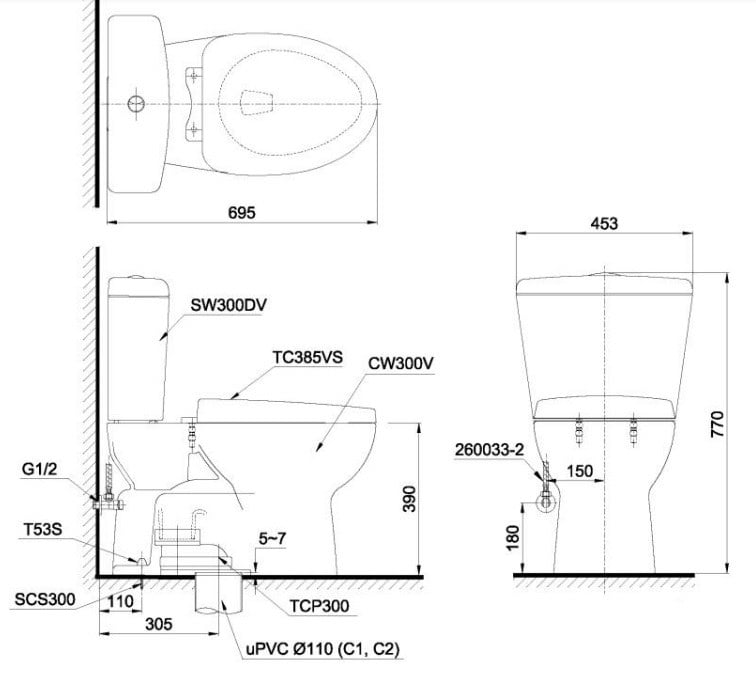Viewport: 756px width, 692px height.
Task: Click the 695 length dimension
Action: point(241,212)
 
